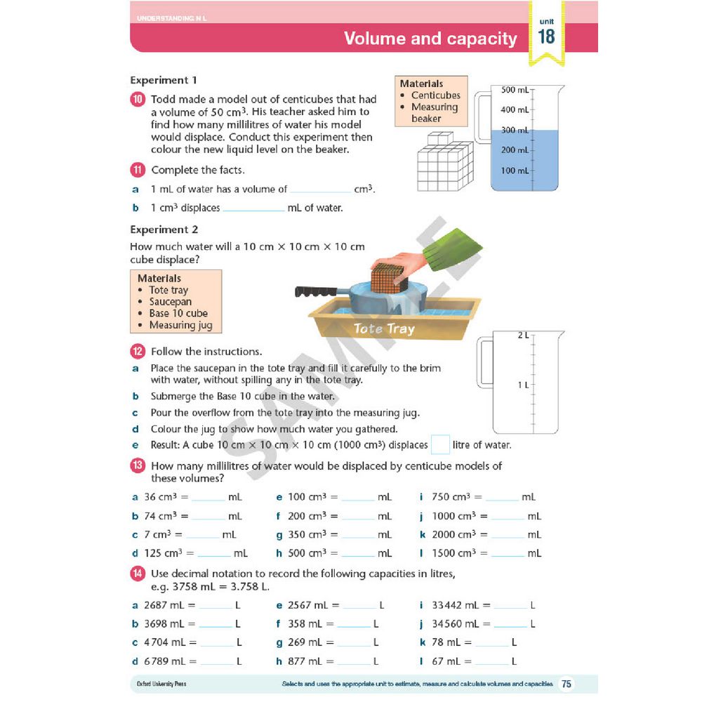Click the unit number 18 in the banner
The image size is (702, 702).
pyautogui.click(x=546, y=37)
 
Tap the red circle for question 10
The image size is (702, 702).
pyautogui.click(x=138, y=100)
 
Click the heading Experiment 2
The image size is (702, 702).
pyautogui.click(x=164, y=230)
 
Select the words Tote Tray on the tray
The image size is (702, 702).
pyautogui.click(x=384, y=328)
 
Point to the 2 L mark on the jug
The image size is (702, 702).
pyautogui.click(x=523, y=336)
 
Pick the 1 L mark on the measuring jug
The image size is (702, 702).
pyautogui.click(x=523, y=385)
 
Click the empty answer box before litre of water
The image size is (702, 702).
pyautogui.click(x=440, y=445)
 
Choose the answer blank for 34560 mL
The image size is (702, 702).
pyautogui.click(x=510, y=624)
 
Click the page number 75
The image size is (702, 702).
pyautogui.click(x=567, y=684)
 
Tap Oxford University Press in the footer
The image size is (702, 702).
pyautogui.click(x=161, y=684)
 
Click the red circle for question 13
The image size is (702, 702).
pyautogui.click(x=138, y=465)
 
